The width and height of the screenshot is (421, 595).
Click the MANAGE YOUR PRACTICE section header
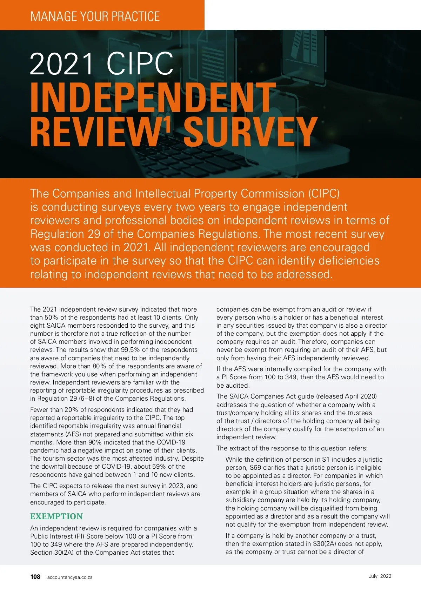click(x=95, y=16)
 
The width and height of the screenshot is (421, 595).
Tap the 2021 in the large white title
click(x=62, y=63)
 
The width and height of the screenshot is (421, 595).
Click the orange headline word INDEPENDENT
click(x=153, y=98)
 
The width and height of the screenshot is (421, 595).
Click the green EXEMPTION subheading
click(x=56, y=516)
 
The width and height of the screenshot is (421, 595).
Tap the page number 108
click(x=35, y=577)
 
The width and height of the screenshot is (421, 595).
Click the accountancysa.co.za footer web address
click(x=70, y=577)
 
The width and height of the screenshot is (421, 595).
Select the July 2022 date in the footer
click(x=380, y=576)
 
